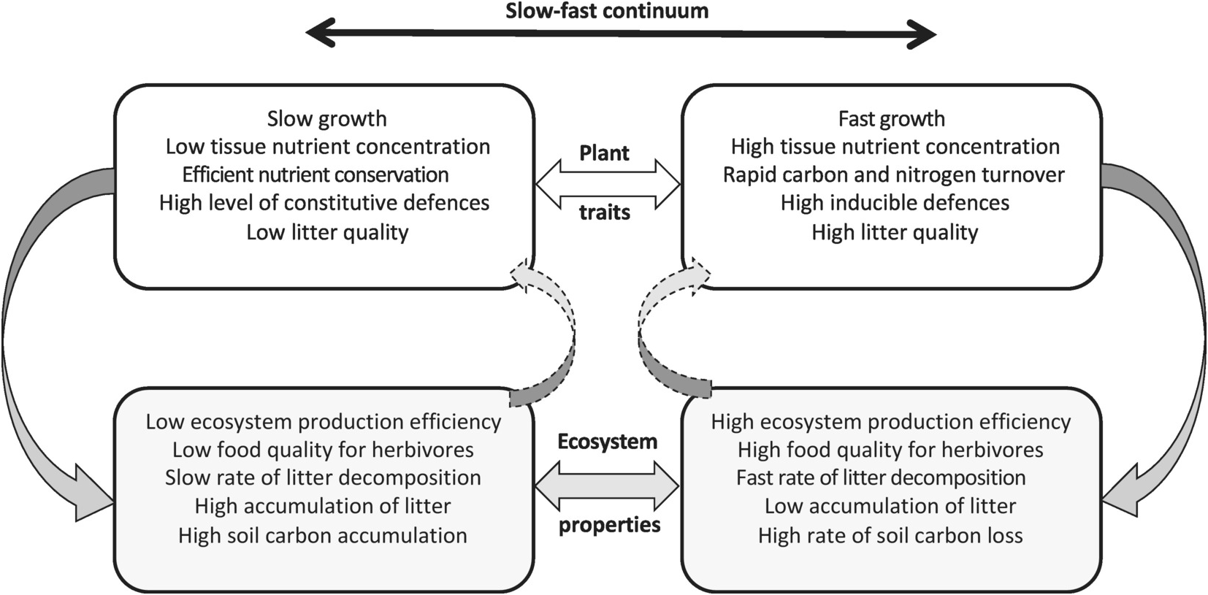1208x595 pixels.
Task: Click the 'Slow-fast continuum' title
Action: coord(606,11)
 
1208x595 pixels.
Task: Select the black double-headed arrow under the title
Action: coord(621,34)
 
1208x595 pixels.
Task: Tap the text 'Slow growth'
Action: coord(326,118)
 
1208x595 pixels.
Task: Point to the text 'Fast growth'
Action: coord(891,118)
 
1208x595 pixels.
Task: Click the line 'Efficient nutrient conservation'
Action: coord(316,174)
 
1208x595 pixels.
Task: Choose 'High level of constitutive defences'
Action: coord(324,203)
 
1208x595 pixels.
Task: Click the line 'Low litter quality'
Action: coord(327,232)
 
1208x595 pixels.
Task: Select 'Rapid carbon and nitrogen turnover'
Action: coord(894,174)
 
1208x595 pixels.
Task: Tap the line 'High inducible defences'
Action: coord(895,203)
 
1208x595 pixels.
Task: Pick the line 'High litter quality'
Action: coord(895,232)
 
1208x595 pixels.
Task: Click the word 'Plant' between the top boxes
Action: coord(604,153)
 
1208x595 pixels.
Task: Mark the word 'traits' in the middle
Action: coord(605,212)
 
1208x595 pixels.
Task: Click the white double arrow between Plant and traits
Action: coord(608,184)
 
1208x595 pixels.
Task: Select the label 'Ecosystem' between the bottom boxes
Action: coord(608,442)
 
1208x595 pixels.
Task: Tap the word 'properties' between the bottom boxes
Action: coord(610,525)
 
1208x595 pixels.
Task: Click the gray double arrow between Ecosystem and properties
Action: coord(608,485)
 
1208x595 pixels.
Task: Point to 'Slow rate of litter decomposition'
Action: coord(323,478)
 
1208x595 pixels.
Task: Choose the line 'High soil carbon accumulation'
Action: coord(323,535)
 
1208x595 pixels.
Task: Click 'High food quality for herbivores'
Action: coord(890,450)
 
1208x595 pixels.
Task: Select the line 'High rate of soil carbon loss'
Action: coord(890,535)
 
